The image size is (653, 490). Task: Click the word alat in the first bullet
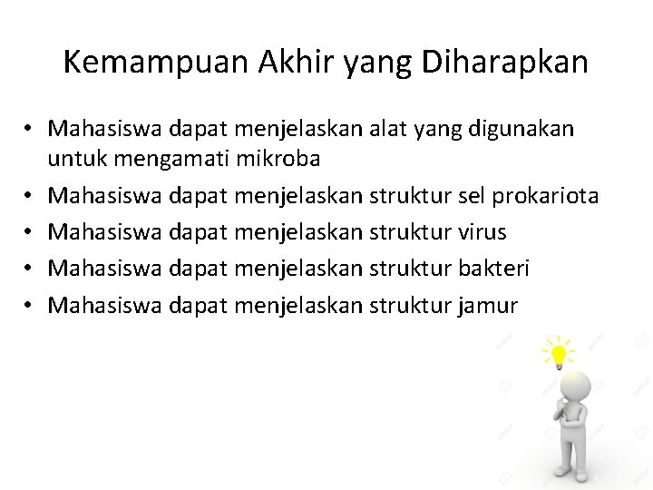tap(391, 129)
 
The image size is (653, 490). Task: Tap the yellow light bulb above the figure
tap(558, 351)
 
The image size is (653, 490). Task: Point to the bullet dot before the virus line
tap(29, 232)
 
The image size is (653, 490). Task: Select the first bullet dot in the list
tap(29, 129)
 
